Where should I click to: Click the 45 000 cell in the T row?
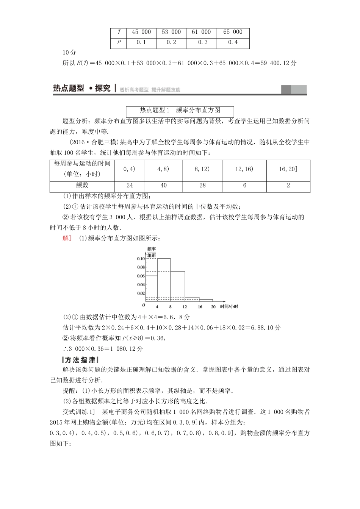(141, 32)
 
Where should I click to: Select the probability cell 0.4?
(233, 42)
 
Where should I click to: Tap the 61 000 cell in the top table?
(201, 32)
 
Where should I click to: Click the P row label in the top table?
(119, 42)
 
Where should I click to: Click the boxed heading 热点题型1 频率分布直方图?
(180, 111)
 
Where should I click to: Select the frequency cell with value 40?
(163, 185)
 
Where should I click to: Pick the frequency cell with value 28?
(202, 185)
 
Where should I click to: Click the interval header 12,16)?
(244, 169)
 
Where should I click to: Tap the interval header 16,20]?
(288, 169)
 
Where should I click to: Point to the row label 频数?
(82, 185)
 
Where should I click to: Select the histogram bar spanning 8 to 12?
(177, 286)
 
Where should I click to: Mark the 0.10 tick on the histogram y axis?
(141, 259)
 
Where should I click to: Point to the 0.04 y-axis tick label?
(141, 285)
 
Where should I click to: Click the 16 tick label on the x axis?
(200, 307)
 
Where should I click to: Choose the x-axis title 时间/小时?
(229, 307)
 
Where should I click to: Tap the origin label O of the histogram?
(144, 305)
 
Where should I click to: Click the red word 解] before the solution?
(67, 238)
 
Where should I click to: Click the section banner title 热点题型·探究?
(82, 89)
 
